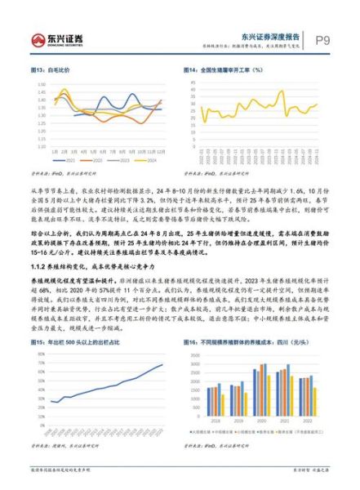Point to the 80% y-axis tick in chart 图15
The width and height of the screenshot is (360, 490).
[x=39, y=352]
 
